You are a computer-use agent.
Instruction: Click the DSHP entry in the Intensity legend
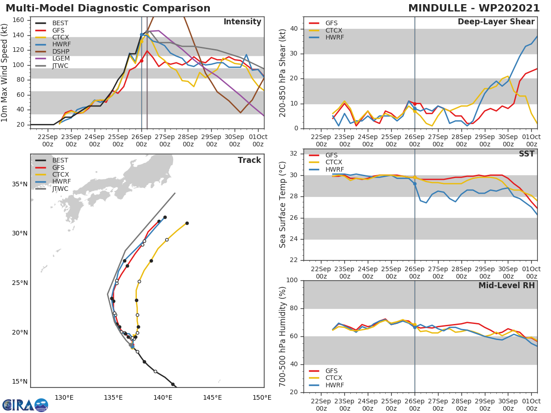pos(60,51)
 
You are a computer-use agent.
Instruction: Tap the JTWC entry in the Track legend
pos(60,189)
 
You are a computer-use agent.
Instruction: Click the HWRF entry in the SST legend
pos(334,169)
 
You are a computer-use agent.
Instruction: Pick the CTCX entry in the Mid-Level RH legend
pos(334,378)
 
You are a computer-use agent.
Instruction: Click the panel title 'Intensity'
pos(242,22)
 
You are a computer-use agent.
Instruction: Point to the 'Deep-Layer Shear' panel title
pos(496,22)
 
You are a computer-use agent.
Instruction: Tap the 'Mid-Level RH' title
pos(506,285)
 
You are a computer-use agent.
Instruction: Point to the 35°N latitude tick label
pos(20,184)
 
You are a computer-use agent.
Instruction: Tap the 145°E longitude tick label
pos(213,397)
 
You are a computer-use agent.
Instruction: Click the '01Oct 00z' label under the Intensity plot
pos(258,140)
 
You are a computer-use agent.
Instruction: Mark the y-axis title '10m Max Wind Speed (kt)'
pos(6,73)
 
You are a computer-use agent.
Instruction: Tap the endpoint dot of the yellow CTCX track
pos(187,223)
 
